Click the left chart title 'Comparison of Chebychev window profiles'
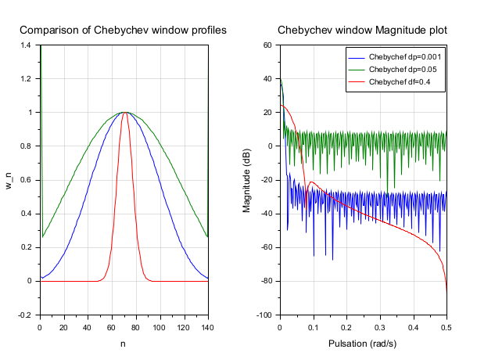point(123,31)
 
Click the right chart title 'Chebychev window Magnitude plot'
point(363,31)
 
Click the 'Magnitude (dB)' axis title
point(247,180)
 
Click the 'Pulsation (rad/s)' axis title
point(363,343)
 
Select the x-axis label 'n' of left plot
point(124,343)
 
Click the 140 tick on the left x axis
point(207,326)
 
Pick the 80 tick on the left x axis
point(135,326)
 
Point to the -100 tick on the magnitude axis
point(264,315)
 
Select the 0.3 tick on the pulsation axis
point(380,326)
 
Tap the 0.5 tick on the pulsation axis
point(447,326)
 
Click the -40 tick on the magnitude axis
point(266,214)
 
